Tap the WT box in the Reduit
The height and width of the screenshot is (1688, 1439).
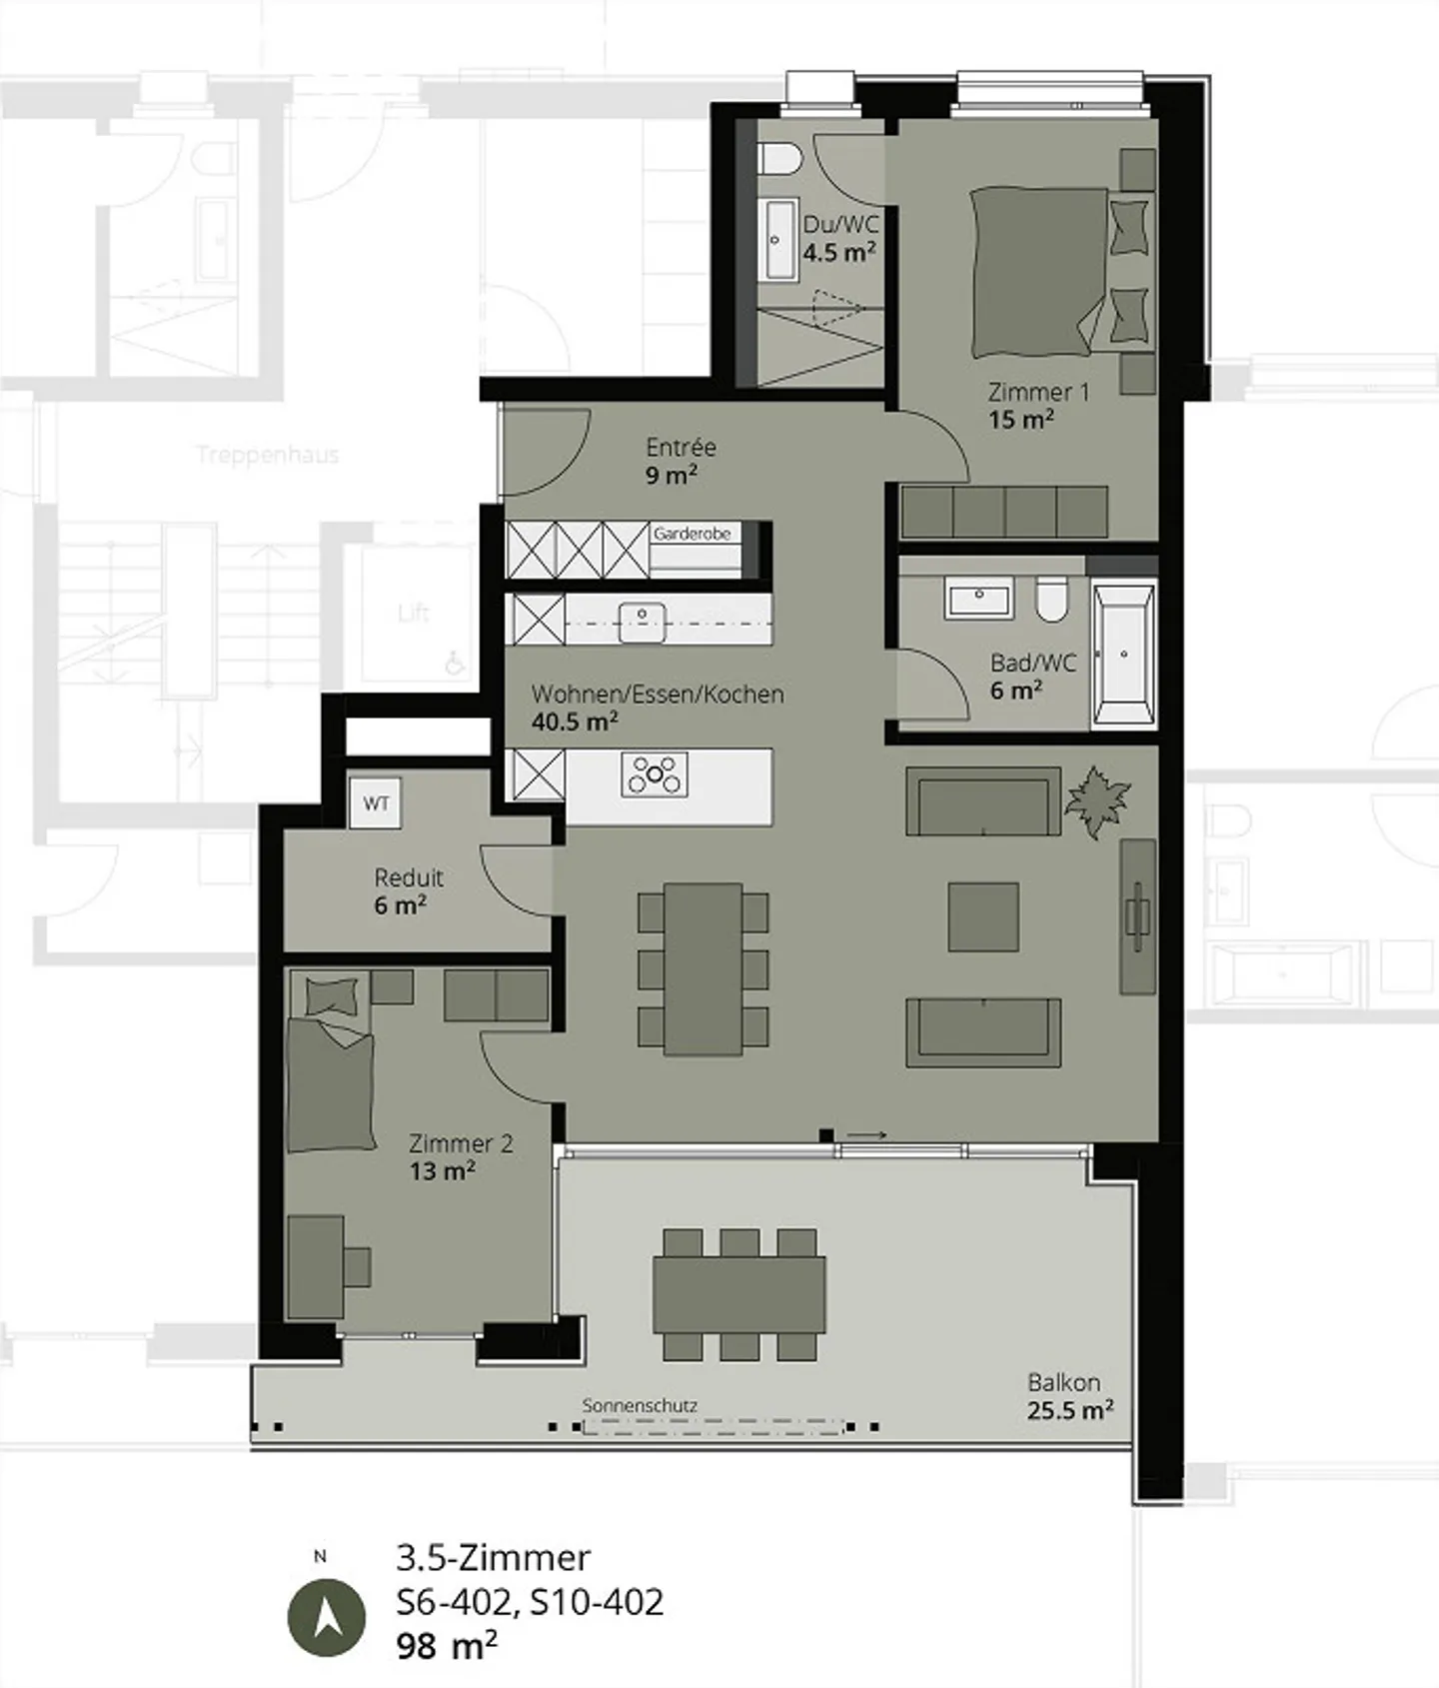(376, 803)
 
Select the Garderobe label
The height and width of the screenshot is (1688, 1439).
(693, 534)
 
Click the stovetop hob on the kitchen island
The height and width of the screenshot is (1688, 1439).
(655, 774)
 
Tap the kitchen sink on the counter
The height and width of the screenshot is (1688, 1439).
(643, 621)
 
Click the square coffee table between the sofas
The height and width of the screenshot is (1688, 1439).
(983, 916)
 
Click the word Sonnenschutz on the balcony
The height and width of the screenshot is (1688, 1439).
(640, 1405)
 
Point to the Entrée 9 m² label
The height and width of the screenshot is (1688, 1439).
(680, 461)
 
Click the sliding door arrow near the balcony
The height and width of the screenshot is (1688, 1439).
(867, 1135)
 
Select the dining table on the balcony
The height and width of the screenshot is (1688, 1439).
(739, 1294)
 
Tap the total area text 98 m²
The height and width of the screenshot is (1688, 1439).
(447, 1646)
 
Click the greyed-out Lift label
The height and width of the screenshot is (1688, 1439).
(413, 612)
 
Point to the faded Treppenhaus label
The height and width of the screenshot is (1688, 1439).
(268, 456)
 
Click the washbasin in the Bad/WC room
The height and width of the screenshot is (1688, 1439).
(978, 598)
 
